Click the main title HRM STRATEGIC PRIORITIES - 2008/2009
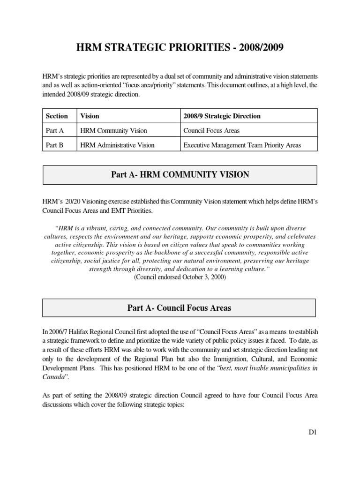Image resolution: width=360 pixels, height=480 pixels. (x=180, y=49)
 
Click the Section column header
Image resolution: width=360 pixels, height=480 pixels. (x=57, y=116)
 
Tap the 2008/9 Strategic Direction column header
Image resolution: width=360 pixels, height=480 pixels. (x=222, y=116)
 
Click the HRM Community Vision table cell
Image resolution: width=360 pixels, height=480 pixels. (x=114, y=130)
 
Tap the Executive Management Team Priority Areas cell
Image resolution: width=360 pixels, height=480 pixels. (x=242, y=145)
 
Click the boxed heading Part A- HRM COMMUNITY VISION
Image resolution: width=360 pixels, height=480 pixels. (x=180, y=175)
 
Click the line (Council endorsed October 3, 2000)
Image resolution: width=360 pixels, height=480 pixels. (x=180, y=277)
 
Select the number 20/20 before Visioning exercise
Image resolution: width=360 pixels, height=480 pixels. (x=67, y=201)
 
